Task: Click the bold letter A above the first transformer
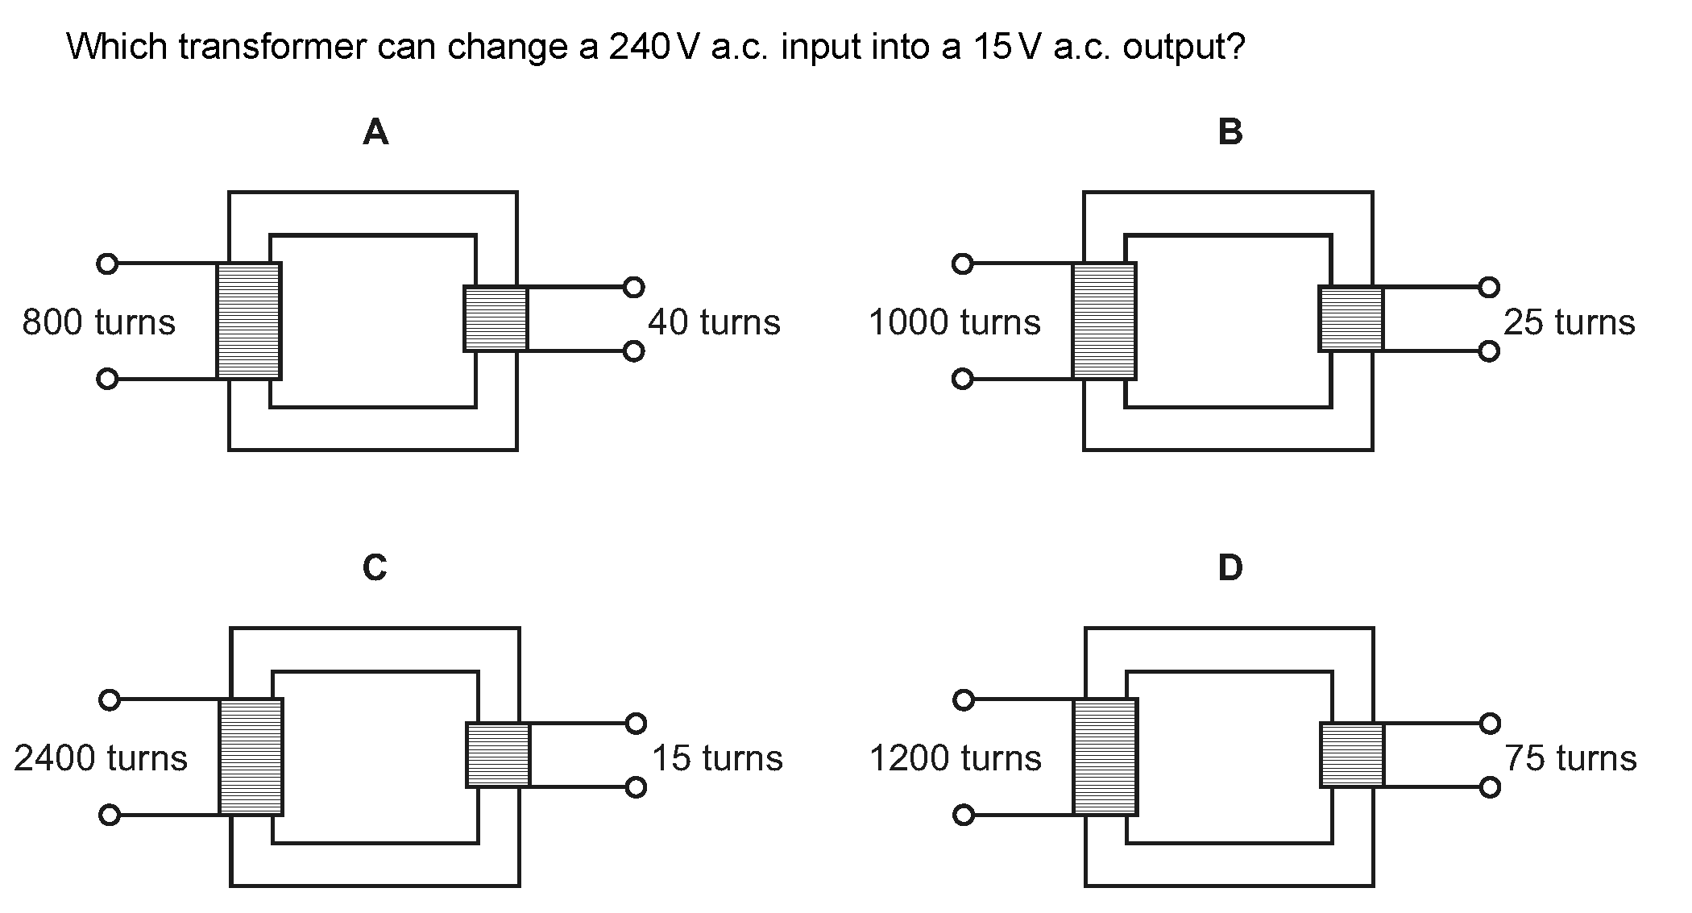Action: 376,131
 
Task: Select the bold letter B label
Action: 1230,131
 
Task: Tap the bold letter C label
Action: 375,568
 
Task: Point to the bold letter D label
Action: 1230,568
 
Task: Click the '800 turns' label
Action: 98,322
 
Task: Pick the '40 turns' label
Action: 715,322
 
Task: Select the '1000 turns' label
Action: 955,322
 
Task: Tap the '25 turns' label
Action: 1570,322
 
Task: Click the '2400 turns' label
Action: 101,758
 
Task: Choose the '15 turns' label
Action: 717,758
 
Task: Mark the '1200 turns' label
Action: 956,758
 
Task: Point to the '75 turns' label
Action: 1571,758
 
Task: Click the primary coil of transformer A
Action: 249,321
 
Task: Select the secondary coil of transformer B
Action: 1351,318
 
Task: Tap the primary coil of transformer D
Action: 1105,757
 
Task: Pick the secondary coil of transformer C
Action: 499,754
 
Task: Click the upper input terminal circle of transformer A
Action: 106,264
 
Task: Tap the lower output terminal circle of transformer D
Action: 1491,787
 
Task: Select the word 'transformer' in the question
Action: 272,47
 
